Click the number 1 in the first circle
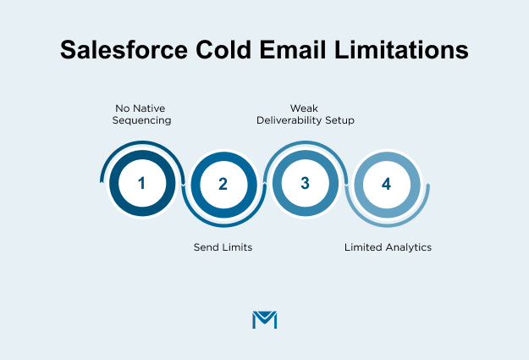pyautogui.click(x=141, y=183)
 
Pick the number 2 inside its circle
pyautogui.click(x=223, y=183)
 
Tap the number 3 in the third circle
pyautogui.click(x=305, y=183)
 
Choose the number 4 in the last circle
pyautogui.click(x=387, y=183)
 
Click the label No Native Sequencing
pyautogui.click(x=142, y=114)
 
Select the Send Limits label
pyautogui.click(x=223, y=247)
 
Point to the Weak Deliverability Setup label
pyautogui.click(x=306, y=114)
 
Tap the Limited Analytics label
pyautogui.click(x=388, y=247)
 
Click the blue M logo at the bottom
pyautogui.click(x=265, y=320)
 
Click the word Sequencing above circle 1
pyautogui.click(x=142, y=120)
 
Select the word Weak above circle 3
pyautogui.click(x=306, y=108)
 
